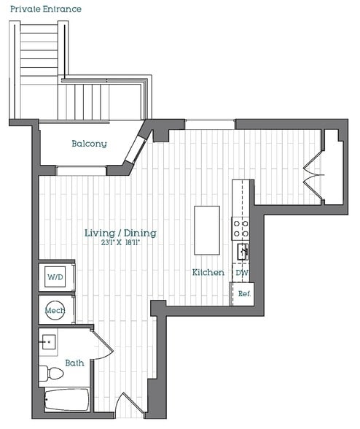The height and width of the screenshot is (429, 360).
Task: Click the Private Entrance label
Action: pyautogui.click(x=45, y=9)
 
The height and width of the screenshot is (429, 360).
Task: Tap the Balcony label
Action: pyautogui.click(x=89, y=144)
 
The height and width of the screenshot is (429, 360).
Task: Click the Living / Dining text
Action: pyautogui.click(x=120, y=233)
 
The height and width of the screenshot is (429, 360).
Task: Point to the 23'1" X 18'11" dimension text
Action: pyautogui.click(x=120, y=243)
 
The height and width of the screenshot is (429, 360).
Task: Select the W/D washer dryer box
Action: pyautogui.click(x=55, y=277)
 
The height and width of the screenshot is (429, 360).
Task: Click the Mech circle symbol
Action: pyautogui.click(x=55, y=311)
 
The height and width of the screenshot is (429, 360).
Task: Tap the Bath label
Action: pyautogui.click(x=74, y=363)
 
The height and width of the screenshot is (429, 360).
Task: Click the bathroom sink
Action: pyautogui.click(x=50, y=341)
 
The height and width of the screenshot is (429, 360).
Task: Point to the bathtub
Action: pyautogui.click(x=66, y=400)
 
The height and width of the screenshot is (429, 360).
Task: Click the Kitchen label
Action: pyautogui.click(x=208, y=272)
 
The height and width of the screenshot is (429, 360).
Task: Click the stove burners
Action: pyautogui.click(x=241, y=228)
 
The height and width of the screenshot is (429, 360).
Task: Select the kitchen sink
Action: pyautogui.click(x=242, y=252)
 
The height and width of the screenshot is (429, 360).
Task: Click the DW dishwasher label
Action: pyautogui.click(x=242, y=272)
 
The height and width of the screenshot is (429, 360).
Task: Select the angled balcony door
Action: pyautogui.click(x=136, y=149)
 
